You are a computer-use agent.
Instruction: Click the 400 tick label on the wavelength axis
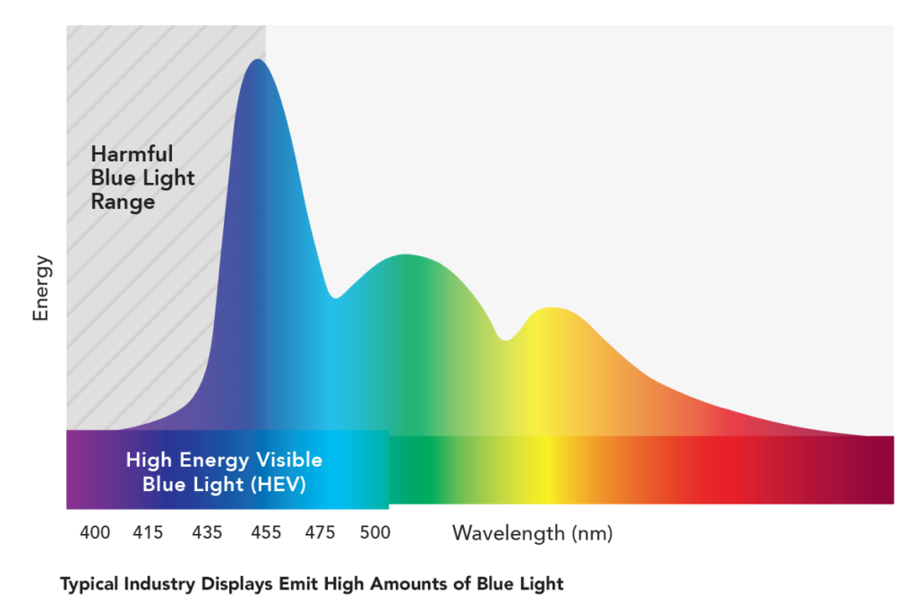95,533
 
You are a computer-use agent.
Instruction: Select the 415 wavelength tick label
148,533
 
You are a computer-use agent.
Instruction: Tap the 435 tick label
207,533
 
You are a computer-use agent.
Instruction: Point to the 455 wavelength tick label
266,533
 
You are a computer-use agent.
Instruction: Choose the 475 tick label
320,533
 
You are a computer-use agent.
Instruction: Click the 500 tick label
375,533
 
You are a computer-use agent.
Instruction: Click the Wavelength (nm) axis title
532,534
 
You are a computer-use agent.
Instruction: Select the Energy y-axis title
41,289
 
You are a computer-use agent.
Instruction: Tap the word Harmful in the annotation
132,153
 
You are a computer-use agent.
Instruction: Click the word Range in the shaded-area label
123,202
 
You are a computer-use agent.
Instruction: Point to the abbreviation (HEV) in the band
277,485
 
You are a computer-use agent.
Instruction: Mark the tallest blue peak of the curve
257,60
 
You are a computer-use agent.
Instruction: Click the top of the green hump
407,255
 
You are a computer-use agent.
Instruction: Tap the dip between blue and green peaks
336,297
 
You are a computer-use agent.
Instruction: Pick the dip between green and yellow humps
506,340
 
